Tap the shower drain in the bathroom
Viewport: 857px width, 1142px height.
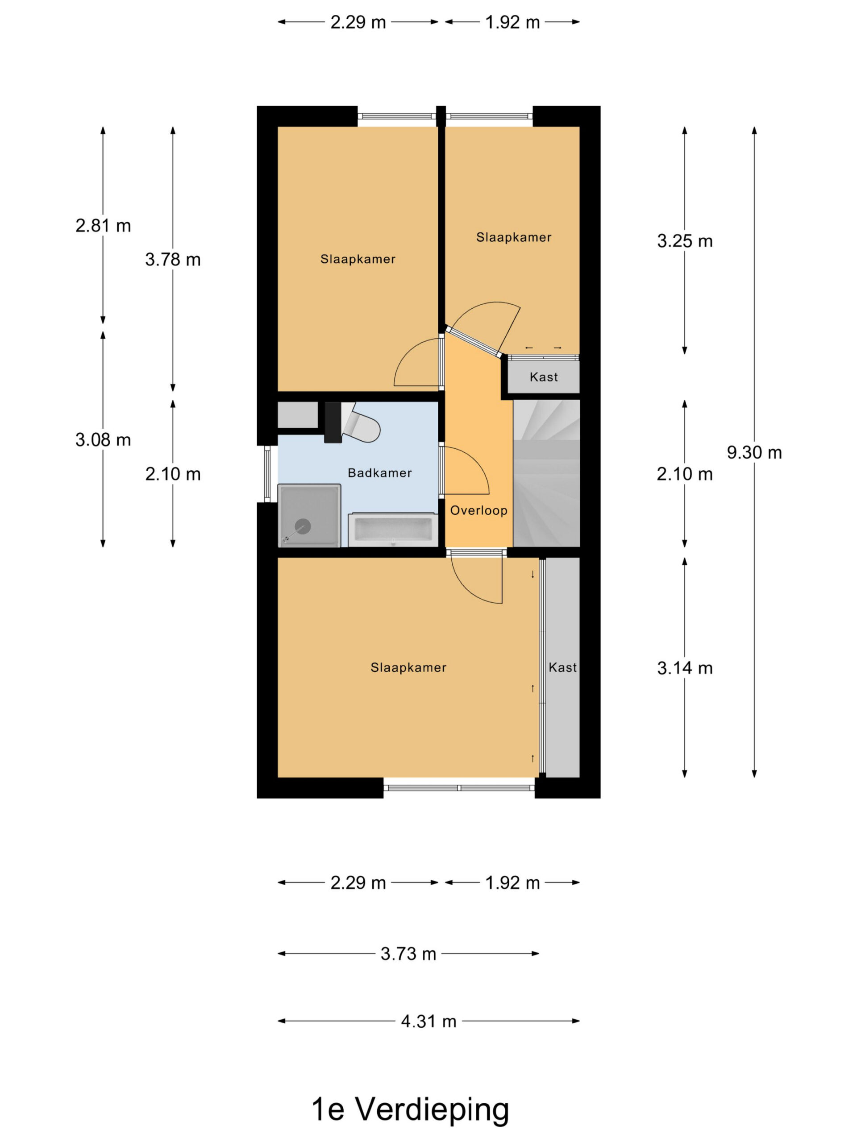[303, 526]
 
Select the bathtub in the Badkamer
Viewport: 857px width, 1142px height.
[391, 530]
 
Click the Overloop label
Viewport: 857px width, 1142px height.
[478, 511]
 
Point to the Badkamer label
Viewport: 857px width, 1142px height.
[380, 473]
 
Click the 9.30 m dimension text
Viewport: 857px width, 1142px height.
[754, 453]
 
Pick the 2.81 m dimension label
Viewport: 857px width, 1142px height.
[103, 226]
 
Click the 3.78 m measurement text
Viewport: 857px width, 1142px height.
[173, 259]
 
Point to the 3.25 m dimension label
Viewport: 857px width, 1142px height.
[684, 241]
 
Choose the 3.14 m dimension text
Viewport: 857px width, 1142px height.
[684, 668]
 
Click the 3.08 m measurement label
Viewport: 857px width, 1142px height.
[103, 440]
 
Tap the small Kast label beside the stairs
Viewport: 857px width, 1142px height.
[544, 377]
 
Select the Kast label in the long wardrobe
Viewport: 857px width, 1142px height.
[562, 667]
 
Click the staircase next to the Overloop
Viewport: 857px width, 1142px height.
[546, 473]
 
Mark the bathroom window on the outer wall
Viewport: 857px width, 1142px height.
[267, 474]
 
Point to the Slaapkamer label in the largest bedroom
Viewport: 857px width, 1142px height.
[408, 667]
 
